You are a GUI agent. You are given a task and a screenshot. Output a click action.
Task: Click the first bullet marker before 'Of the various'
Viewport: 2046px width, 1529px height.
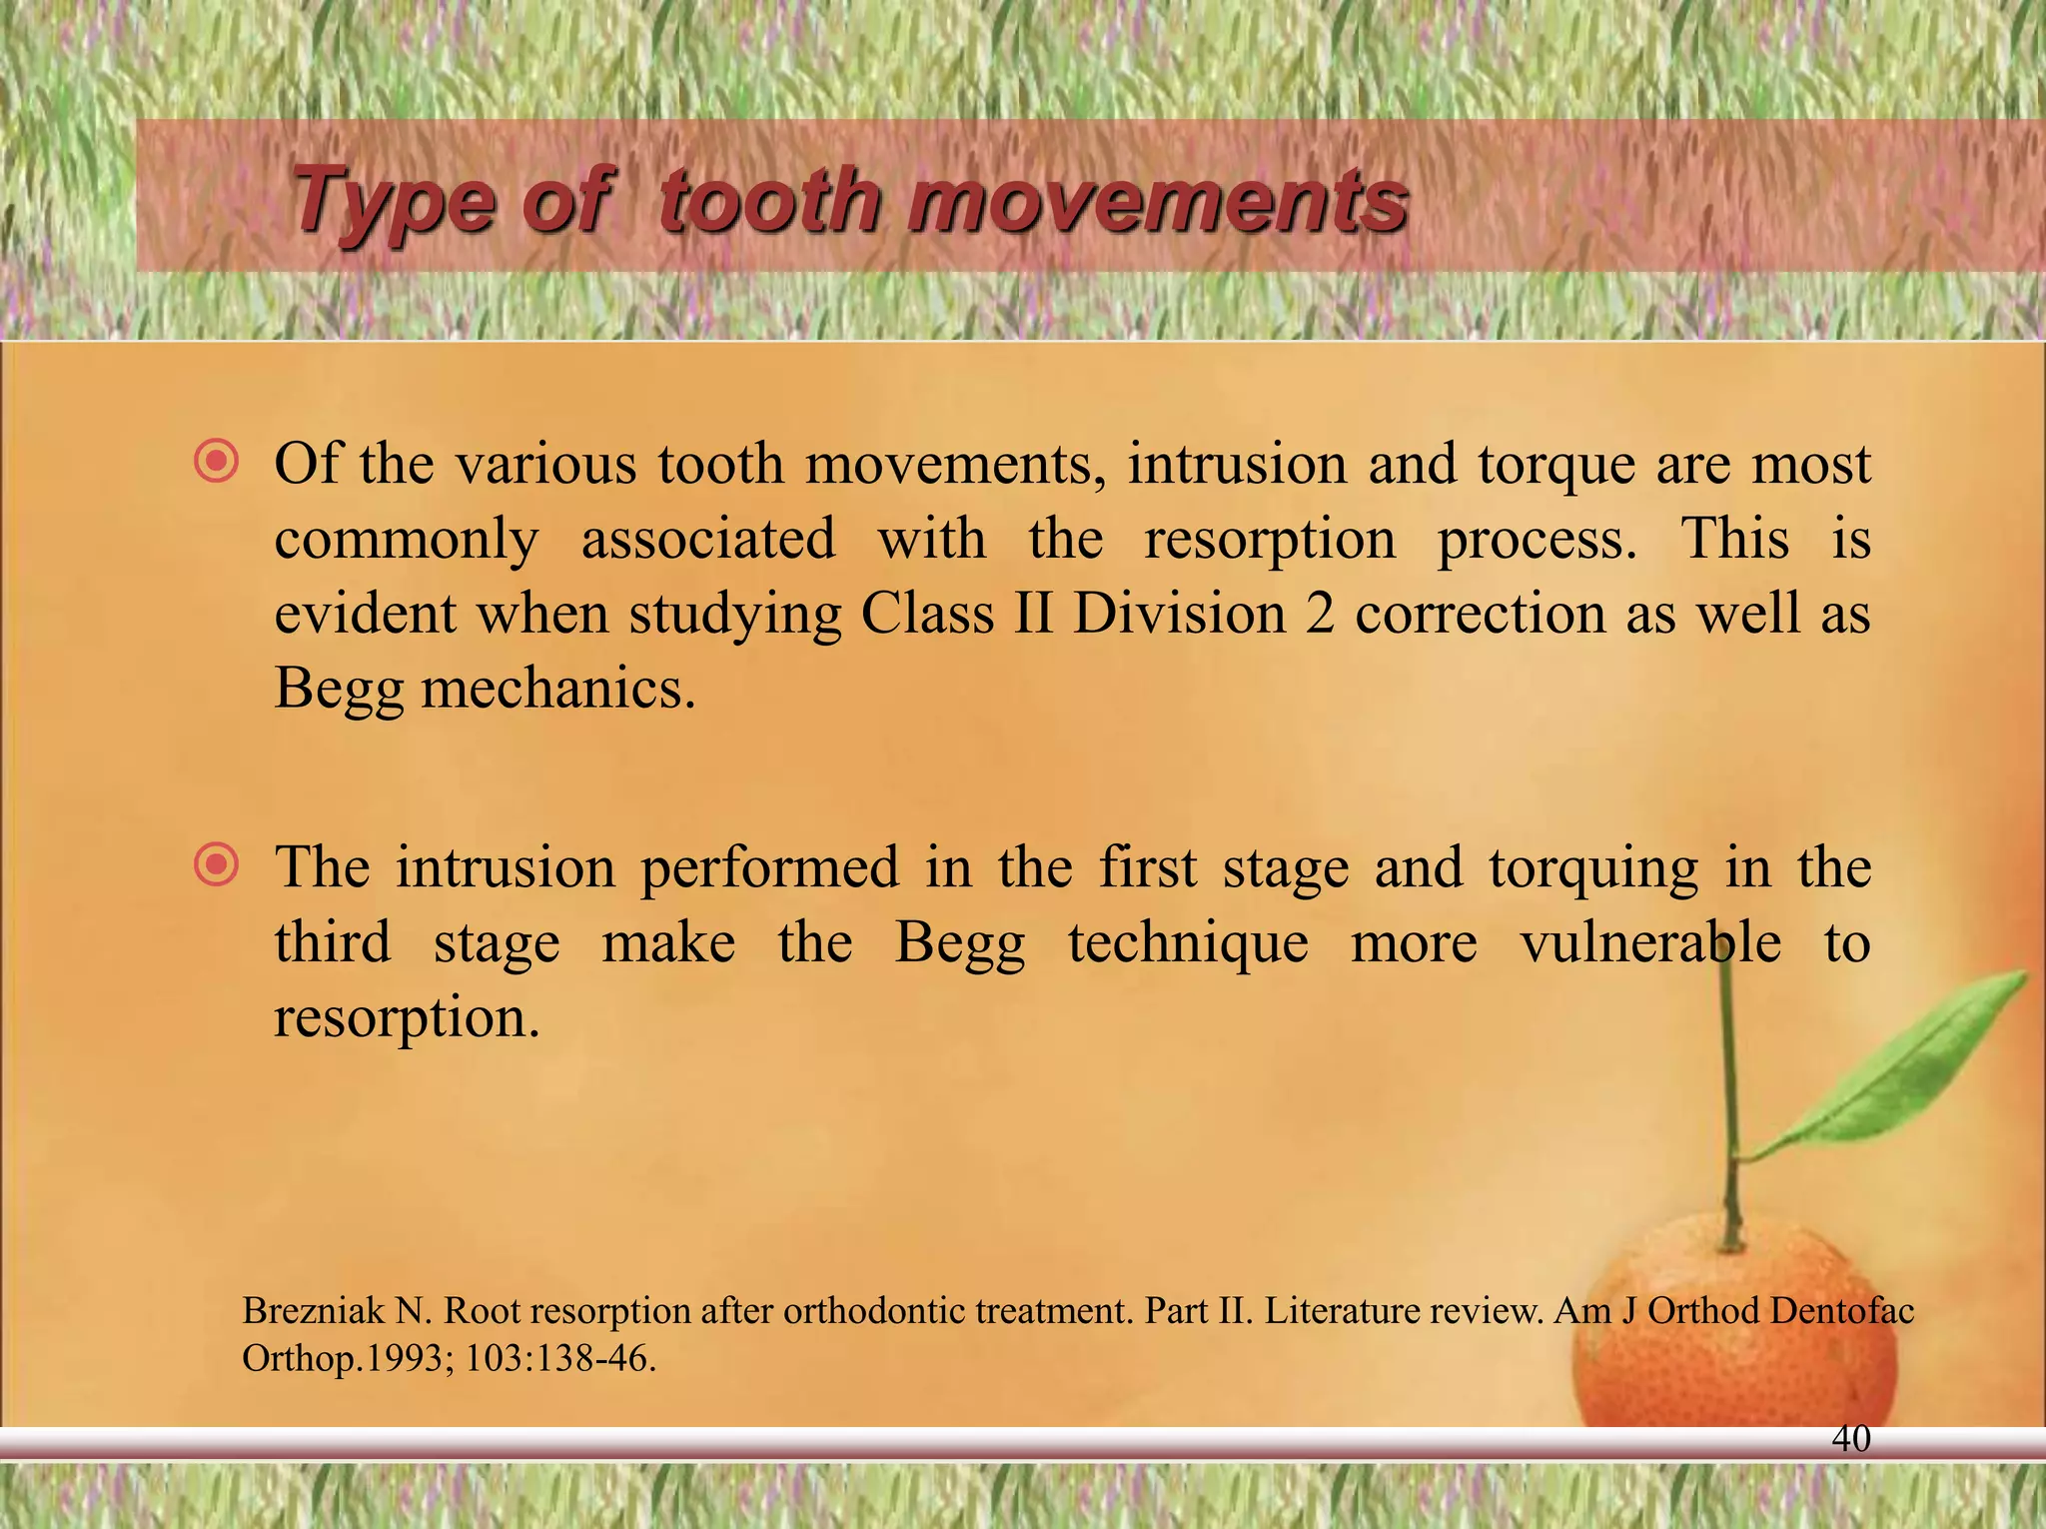217,463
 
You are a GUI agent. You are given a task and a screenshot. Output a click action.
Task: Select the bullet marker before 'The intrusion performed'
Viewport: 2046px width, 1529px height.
217,865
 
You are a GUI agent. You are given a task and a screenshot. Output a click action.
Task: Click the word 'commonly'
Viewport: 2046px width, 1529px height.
406,541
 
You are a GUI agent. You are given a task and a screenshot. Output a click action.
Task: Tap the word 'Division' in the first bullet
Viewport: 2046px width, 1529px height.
1179,614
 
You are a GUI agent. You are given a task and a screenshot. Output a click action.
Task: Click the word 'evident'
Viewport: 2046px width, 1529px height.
365,614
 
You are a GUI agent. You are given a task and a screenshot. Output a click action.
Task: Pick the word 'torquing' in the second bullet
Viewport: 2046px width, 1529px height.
1592,867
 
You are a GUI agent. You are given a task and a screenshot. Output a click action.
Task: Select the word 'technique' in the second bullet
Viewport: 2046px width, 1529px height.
1188,943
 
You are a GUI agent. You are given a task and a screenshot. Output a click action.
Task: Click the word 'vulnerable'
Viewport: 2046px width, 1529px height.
1650,942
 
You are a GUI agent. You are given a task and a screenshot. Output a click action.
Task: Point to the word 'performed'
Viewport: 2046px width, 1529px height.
769,867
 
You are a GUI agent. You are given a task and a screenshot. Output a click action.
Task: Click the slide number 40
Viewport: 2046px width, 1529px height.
1851,1438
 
